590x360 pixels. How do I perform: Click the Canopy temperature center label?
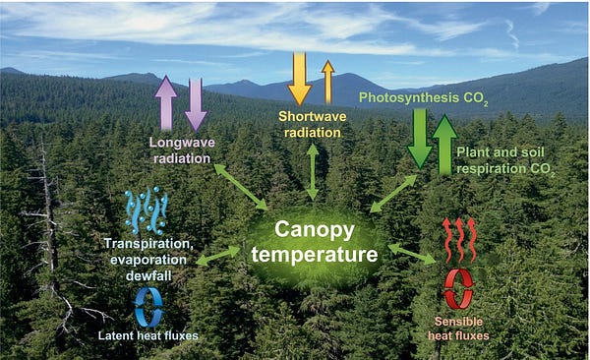pos(314,242)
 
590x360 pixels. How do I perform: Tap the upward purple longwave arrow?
pos(166,101)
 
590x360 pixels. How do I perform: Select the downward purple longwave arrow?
pos(196,103)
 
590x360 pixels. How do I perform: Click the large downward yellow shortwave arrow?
pos(299,78)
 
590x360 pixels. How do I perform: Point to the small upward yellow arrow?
pos(327,82)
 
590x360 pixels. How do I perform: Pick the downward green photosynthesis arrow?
pos(420,139)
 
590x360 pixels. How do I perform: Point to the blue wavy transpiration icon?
pos(147,210)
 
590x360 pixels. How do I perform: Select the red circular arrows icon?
pos(458,289)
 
